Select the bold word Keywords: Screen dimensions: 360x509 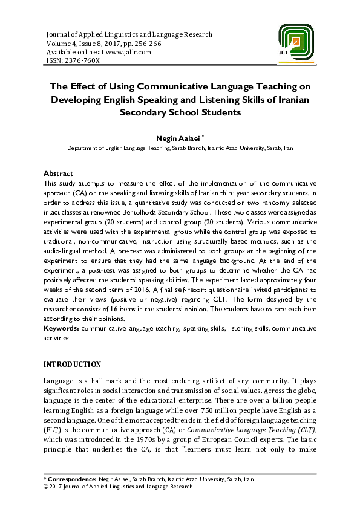coord(62,328)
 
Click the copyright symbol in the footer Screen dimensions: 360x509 coord(47,486)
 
